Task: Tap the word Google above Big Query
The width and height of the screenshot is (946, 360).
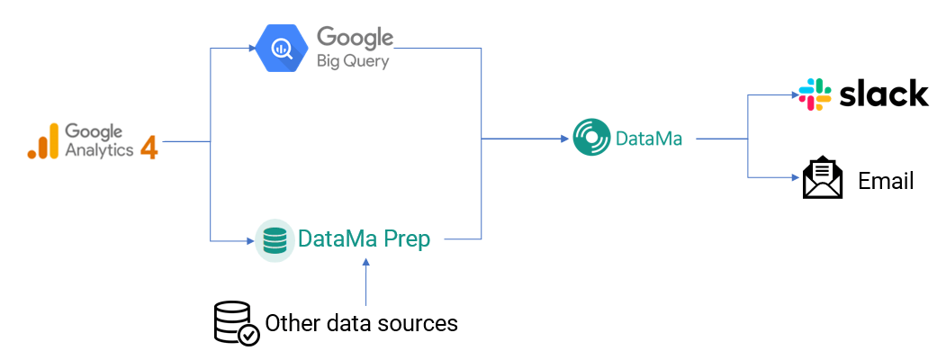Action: click(355, 38)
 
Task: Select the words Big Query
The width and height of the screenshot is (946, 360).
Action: click(353, 61)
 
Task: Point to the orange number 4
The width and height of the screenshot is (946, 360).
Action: click(149, 147)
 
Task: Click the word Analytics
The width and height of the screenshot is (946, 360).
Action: click(99, 149)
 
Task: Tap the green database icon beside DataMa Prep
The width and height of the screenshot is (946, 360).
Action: click(275, 240)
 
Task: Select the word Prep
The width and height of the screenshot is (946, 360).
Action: click(407, 240)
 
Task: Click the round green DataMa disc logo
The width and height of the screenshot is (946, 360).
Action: click(591, 138)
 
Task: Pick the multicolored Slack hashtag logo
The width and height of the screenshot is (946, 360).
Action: click(815, 94)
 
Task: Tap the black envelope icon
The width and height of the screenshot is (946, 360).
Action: click(822, 178)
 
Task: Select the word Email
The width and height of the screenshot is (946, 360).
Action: click(886, 181)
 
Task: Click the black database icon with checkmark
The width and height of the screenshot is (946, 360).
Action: click(237, 323)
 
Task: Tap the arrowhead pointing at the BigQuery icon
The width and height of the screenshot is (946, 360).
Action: click(252, 49)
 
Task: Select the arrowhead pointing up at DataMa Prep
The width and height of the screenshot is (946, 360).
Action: click(365, 262)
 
